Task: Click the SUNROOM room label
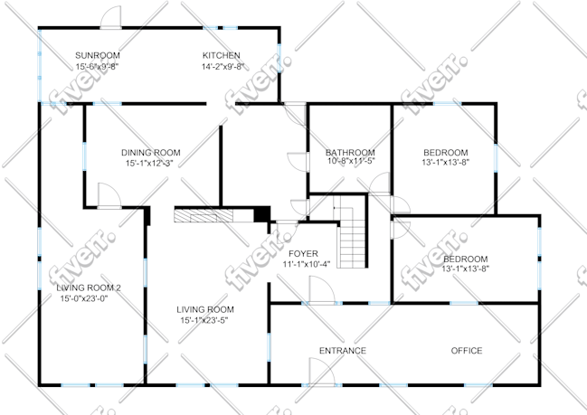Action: (x=98, y=55)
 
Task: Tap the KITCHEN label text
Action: (x=222, y=55)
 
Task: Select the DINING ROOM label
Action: (x=150, y=153)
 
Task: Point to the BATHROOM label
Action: (x=350, y=153)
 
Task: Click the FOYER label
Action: (x=303, y=254)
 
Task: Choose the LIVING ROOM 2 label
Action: (x=89, y=288)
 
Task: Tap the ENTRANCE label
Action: (x=343, y=351)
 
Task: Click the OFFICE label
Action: (x=467, y=351)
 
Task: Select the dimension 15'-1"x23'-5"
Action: (x=204, y=320)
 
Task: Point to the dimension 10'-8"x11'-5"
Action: (x=351, y=161)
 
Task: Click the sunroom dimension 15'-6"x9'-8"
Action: (x=98, y=67)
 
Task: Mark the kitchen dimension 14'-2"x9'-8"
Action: (x=223, y=67)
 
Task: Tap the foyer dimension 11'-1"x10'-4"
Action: (x=307, y=265)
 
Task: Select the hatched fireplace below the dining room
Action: (x=204, y=216)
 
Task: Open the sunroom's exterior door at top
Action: (x=111, y=17)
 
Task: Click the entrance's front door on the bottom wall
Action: (x=322, y=372)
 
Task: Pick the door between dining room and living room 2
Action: (x=109, y=195)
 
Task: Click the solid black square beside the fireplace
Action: (x=262, y=214)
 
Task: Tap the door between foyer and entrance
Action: (x=322, y=290)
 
